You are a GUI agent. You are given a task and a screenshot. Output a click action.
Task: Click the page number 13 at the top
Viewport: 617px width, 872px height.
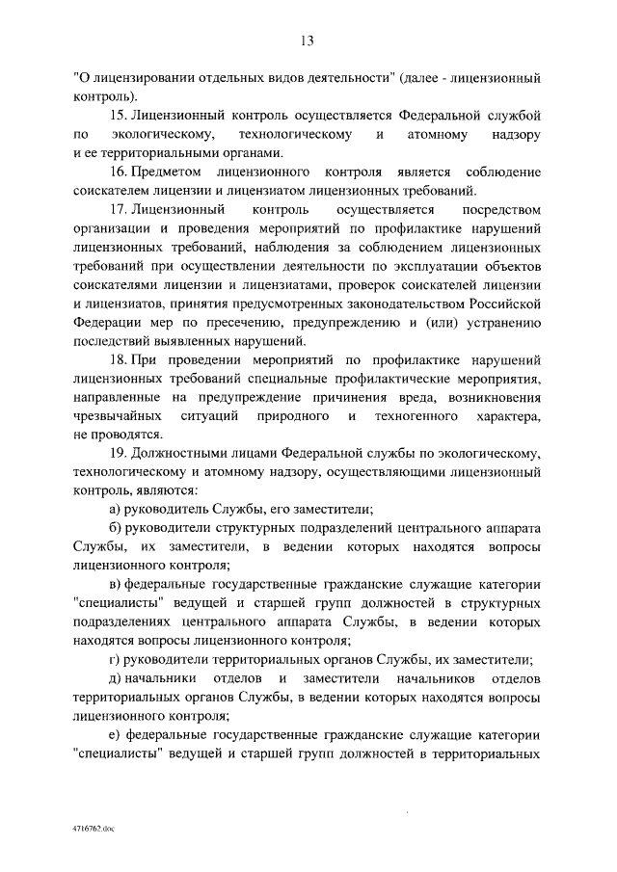click(x=308, y=40)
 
